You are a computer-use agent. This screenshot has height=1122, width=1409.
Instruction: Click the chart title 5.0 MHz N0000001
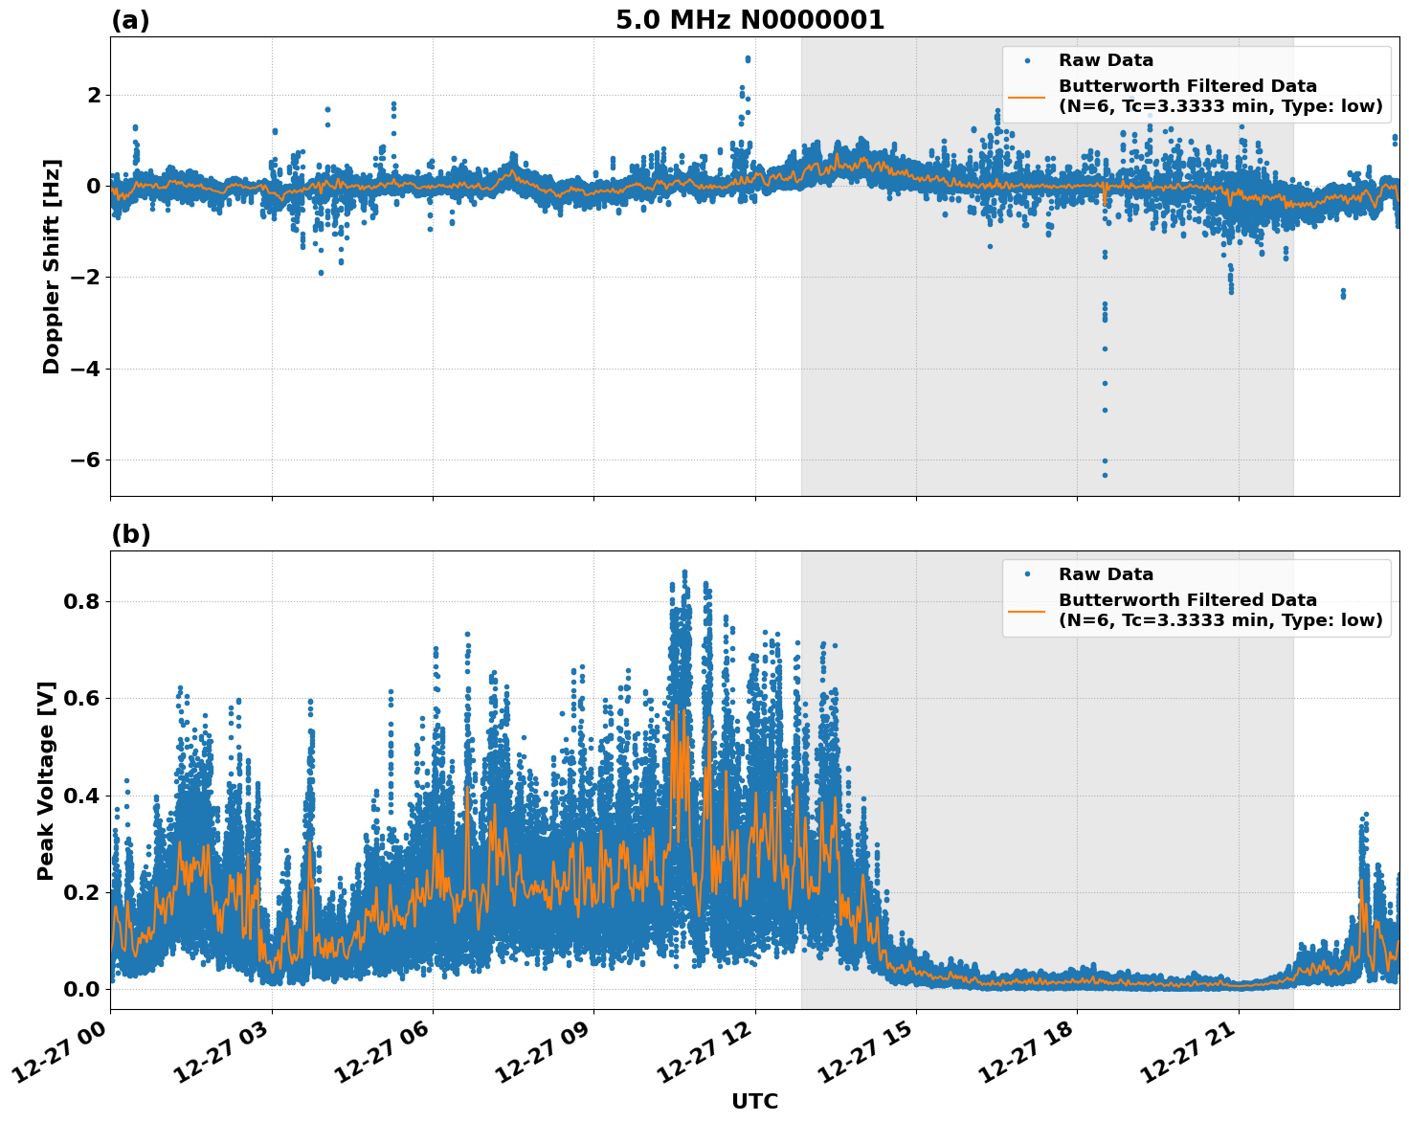749,20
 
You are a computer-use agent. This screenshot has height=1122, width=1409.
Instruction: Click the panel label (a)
130,20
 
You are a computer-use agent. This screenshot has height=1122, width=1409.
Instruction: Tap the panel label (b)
130,534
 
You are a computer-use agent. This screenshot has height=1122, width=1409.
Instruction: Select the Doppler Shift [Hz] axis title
52,266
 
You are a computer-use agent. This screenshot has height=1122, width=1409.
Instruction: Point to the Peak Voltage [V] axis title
46,780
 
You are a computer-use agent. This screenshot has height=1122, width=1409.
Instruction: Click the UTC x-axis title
754,1101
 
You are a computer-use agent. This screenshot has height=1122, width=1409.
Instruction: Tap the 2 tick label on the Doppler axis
93,95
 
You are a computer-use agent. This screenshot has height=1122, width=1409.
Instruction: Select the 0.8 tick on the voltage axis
80,601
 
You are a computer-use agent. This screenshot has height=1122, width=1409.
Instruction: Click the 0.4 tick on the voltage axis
80,795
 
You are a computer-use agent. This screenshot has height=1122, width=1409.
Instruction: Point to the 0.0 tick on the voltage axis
80,988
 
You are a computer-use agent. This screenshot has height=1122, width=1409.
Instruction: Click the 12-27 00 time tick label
63,1053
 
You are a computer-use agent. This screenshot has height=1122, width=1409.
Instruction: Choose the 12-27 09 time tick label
547,1053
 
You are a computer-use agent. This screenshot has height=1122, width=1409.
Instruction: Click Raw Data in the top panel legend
1106,61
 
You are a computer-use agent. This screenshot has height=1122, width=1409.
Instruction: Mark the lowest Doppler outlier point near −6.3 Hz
1104,475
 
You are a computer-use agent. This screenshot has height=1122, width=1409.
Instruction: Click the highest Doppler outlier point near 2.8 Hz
748,59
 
